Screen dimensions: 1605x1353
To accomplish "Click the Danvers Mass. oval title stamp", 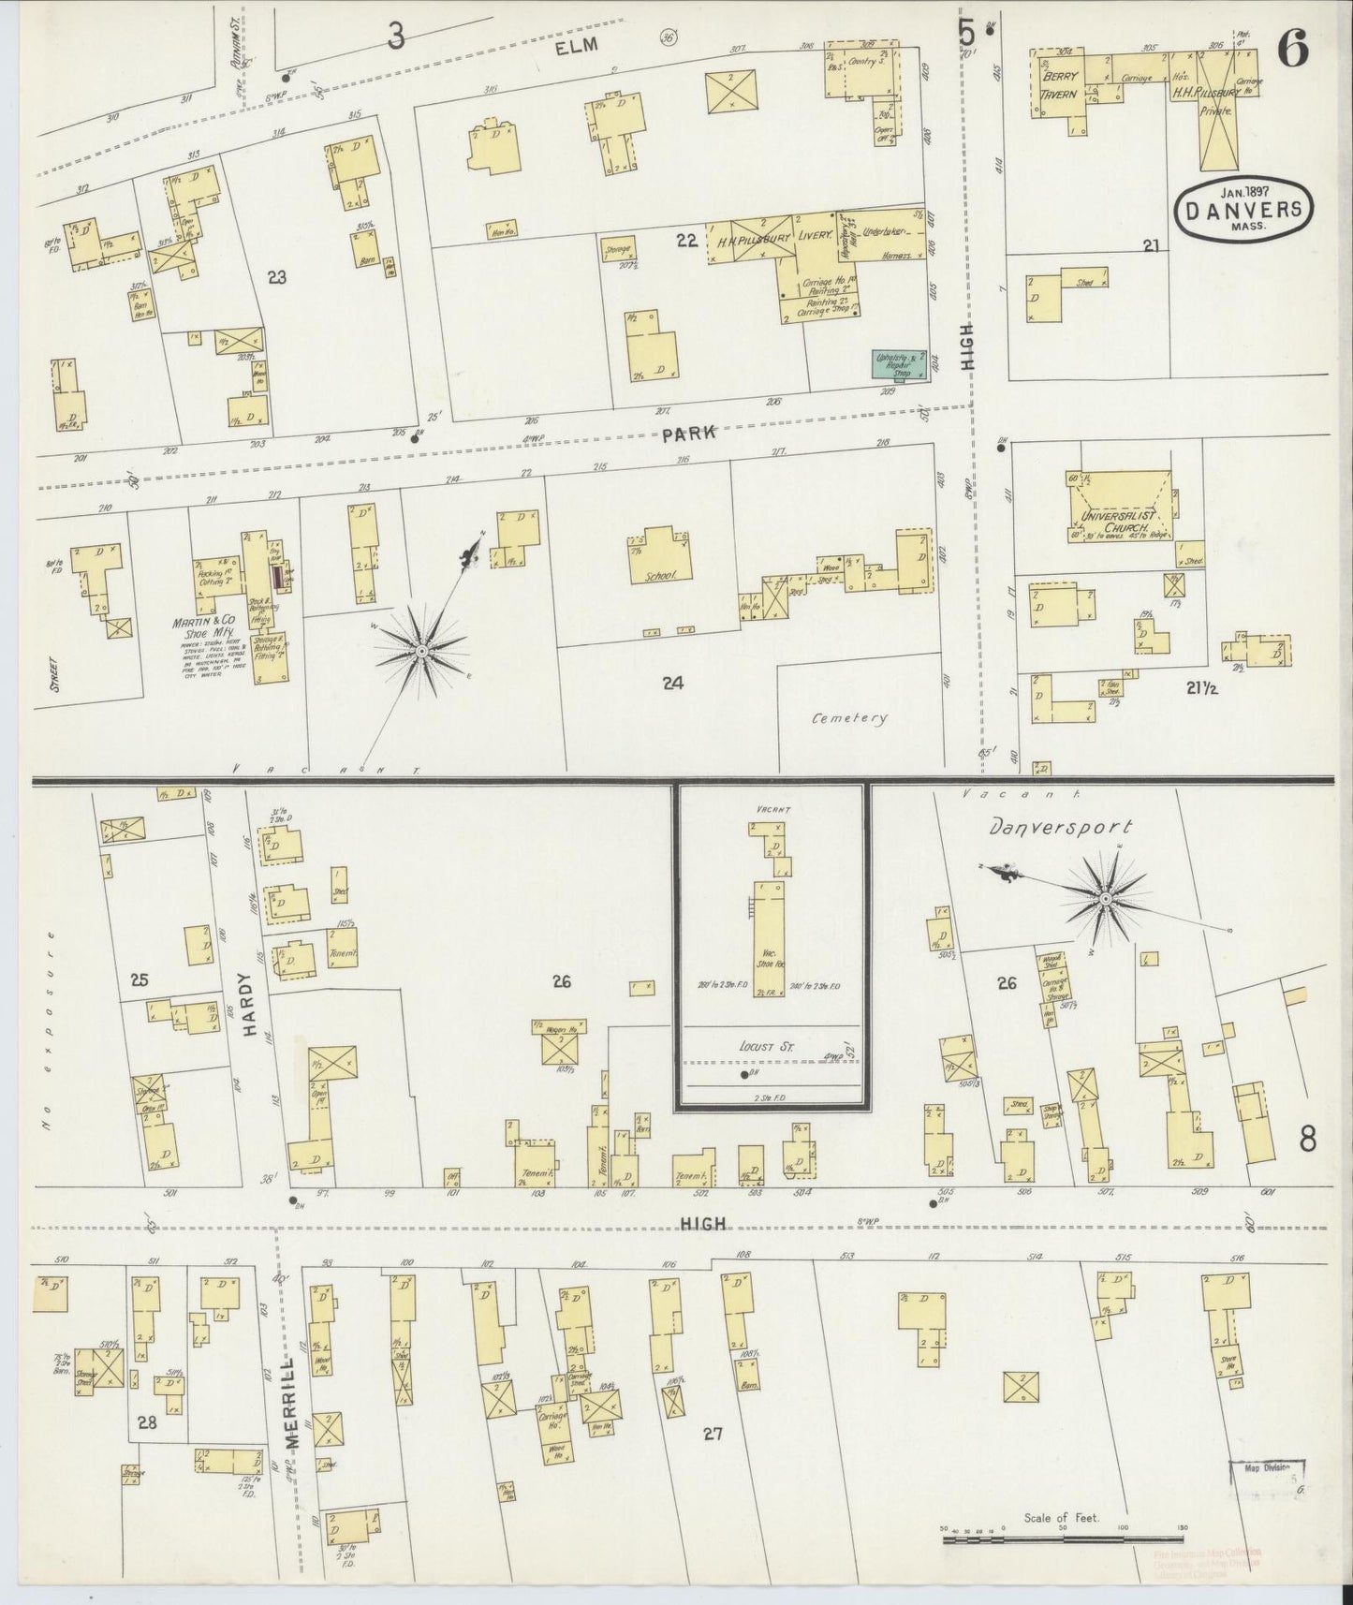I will coord(1244,212).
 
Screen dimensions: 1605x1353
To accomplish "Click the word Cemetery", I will coord(848,718).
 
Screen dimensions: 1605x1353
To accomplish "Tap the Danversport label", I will coord(1060,828).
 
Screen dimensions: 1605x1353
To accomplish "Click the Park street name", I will coord(688,434).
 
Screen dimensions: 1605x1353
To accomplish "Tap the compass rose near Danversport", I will coord(1105,900).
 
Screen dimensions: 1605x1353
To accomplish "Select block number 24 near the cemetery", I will coord(671,684).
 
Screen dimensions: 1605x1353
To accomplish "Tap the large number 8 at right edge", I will coord(1307,1138).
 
